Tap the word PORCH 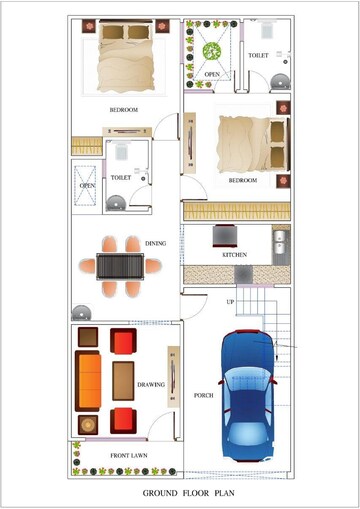[203, 395]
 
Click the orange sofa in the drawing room [89, 380]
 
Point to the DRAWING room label [150, 384]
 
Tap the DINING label [155, 243]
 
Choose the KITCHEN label [234, 255]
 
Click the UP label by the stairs [230, 301]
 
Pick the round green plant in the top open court [211, 51]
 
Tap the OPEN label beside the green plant [212, 74]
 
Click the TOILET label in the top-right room [257, 56]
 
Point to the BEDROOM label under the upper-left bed [123, 109]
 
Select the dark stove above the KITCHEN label [226, 236]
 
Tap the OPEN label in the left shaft [88, 185]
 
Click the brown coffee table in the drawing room [124, 380]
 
